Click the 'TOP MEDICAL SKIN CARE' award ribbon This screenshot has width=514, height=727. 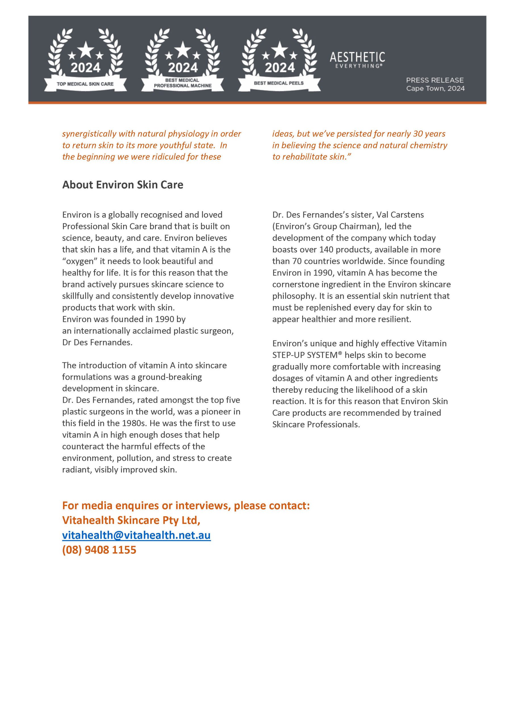tap(85, 84)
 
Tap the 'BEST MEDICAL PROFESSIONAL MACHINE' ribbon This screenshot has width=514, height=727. tap(182, 83)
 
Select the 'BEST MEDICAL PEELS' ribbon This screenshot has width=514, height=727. tap(279, 83)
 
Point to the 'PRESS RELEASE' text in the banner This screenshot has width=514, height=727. tap(434, 80)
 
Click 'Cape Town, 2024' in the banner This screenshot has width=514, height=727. tap(435, 88)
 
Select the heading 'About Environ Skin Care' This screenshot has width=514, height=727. tap(123, 185)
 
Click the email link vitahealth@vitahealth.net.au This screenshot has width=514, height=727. tap(136, 535)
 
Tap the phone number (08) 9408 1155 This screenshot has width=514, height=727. tap(99, 550)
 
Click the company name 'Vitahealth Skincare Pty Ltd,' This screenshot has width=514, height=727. tap(131, 520)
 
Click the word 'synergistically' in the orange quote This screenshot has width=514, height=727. tap(90, 134)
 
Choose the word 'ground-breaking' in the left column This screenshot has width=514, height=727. tap(170, 377)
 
